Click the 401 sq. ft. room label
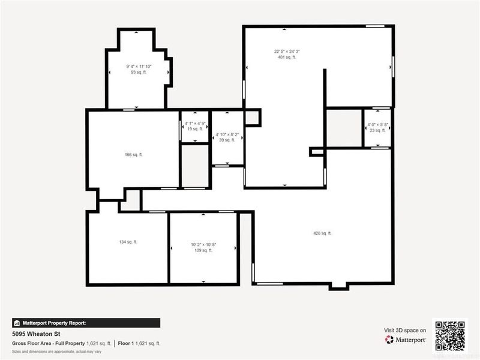tap(286, 58)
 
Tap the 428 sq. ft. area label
tap(322, 233)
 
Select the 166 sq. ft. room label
tap(133, 154)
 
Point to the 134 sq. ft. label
tap(128, 242)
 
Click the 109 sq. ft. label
tap(203, 250)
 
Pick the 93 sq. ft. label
tap(138, 72)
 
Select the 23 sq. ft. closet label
tap(377, 130)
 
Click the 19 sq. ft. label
tap(194, 129)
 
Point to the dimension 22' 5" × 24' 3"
tap(286, 52)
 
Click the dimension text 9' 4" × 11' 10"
tap(138, 66)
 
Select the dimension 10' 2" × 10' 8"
tap(203, 244)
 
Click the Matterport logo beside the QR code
tap(406, 340)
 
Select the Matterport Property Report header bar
tap(86, 322)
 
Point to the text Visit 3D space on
tap(405, 330)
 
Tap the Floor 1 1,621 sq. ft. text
tap(139, 343)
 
